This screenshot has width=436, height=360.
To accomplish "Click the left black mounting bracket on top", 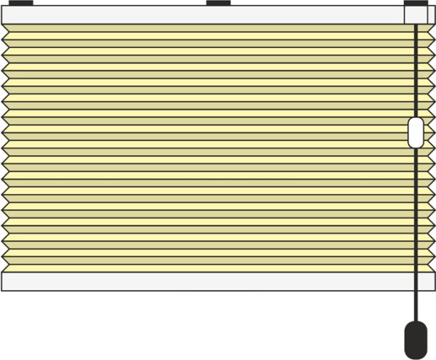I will pyautogui.click(x=22, y=3).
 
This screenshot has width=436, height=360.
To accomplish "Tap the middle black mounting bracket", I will pyautogui.click(x=218, y=3).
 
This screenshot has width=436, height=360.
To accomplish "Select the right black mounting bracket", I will pyautogui.click(x=416, y=3).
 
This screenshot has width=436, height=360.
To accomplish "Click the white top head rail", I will pyautogui.click(x=203, y=15).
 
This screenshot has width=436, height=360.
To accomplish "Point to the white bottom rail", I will pyautogui.click(x=203, y=281).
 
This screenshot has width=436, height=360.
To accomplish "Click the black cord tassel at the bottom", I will pyautogui.click(x=415, y=341).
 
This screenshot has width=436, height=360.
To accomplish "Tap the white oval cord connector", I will pyautogui.click(x=416, y=132).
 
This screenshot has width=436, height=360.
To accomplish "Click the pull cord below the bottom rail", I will pyautogui.click(x=416, y=305).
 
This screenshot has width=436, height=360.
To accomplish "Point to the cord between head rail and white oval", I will pyautogui.click(x=416, y=73).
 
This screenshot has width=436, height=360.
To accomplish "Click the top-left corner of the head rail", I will pyautogui.click(x=2, y=7).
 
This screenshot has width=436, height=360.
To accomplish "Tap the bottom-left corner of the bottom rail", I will pyautogui.click(x=2, y=291).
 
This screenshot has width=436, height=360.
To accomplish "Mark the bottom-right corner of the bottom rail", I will pyautogui.click(x=434, y=291).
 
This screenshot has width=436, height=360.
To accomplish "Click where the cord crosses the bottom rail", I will pyautogui.click(x=416, y=281).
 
